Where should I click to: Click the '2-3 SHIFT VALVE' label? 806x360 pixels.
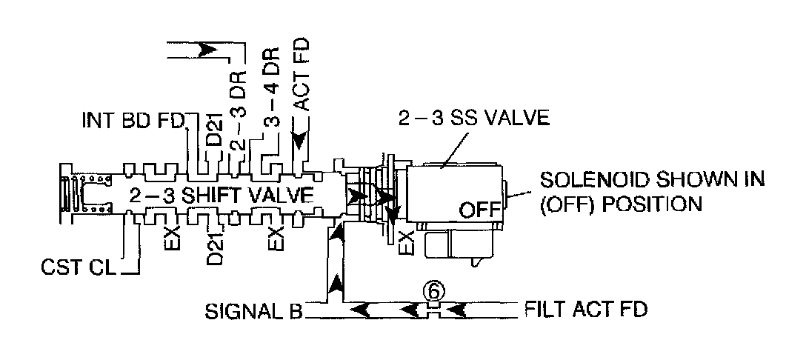pos(222,196)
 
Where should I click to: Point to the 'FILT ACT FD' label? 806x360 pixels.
pos(585,307)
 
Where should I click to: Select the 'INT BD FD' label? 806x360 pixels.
pos(133,121)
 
